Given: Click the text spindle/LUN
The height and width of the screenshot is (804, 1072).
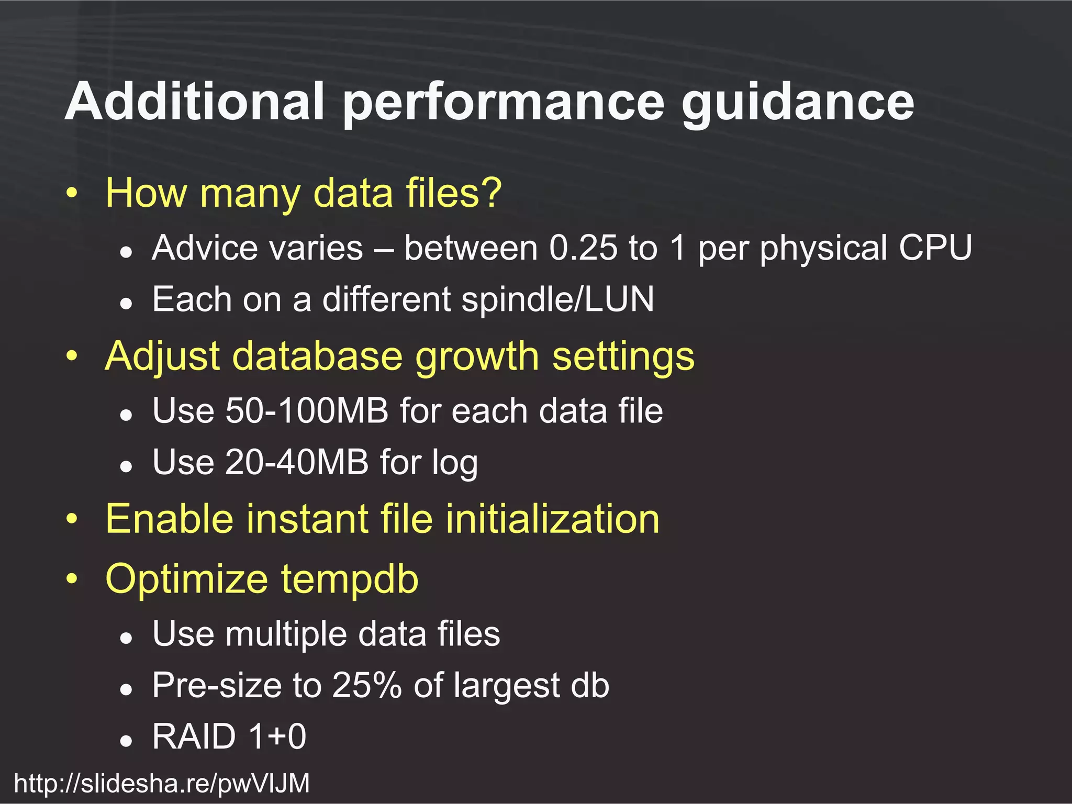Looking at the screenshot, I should [557, 299].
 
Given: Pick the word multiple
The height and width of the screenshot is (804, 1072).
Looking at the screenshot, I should [286, 634].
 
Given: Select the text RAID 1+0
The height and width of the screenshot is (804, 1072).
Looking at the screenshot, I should [229, 736].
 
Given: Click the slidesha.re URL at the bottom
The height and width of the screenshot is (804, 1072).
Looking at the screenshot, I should [162, 784].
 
